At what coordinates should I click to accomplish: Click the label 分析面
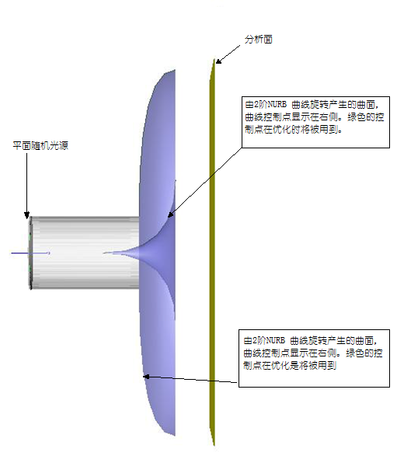coord(259,40)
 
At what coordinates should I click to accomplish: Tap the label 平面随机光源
coord(40,145)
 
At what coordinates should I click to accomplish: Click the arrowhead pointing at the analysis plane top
coord(218,61)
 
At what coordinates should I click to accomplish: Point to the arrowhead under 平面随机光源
coord(26,215)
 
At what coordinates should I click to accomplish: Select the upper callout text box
coord(315,122)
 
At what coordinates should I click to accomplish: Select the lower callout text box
coord(314,358)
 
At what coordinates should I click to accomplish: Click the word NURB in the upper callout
coord(277,105)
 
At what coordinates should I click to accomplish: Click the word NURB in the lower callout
coord(276,340)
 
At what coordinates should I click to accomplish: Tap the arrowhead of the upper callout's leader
coord(170,214)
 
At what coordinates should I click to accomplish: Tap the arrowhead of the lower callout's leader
coord(146,377)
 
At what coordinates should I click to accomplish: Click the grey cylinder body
coord(85,252)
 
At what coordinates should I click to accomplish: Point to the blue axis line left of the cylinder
coord(30,253)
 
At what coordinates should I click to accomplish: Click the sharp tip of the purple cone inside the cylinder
coord(104,253)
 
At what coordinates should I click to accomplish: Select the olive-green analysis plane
coord(212,252)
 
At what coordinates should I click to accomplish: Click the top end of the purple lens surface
coord(174,71)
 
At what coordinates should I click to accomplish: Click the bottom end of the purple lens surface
coord(174,435)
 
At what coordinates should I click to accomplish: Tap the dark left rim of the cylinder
coord(30,253)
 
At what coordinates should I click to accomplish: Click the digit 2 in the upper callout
coord(256,105)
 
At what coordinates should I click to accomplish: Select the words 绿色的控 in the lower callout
coord(364,353)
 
